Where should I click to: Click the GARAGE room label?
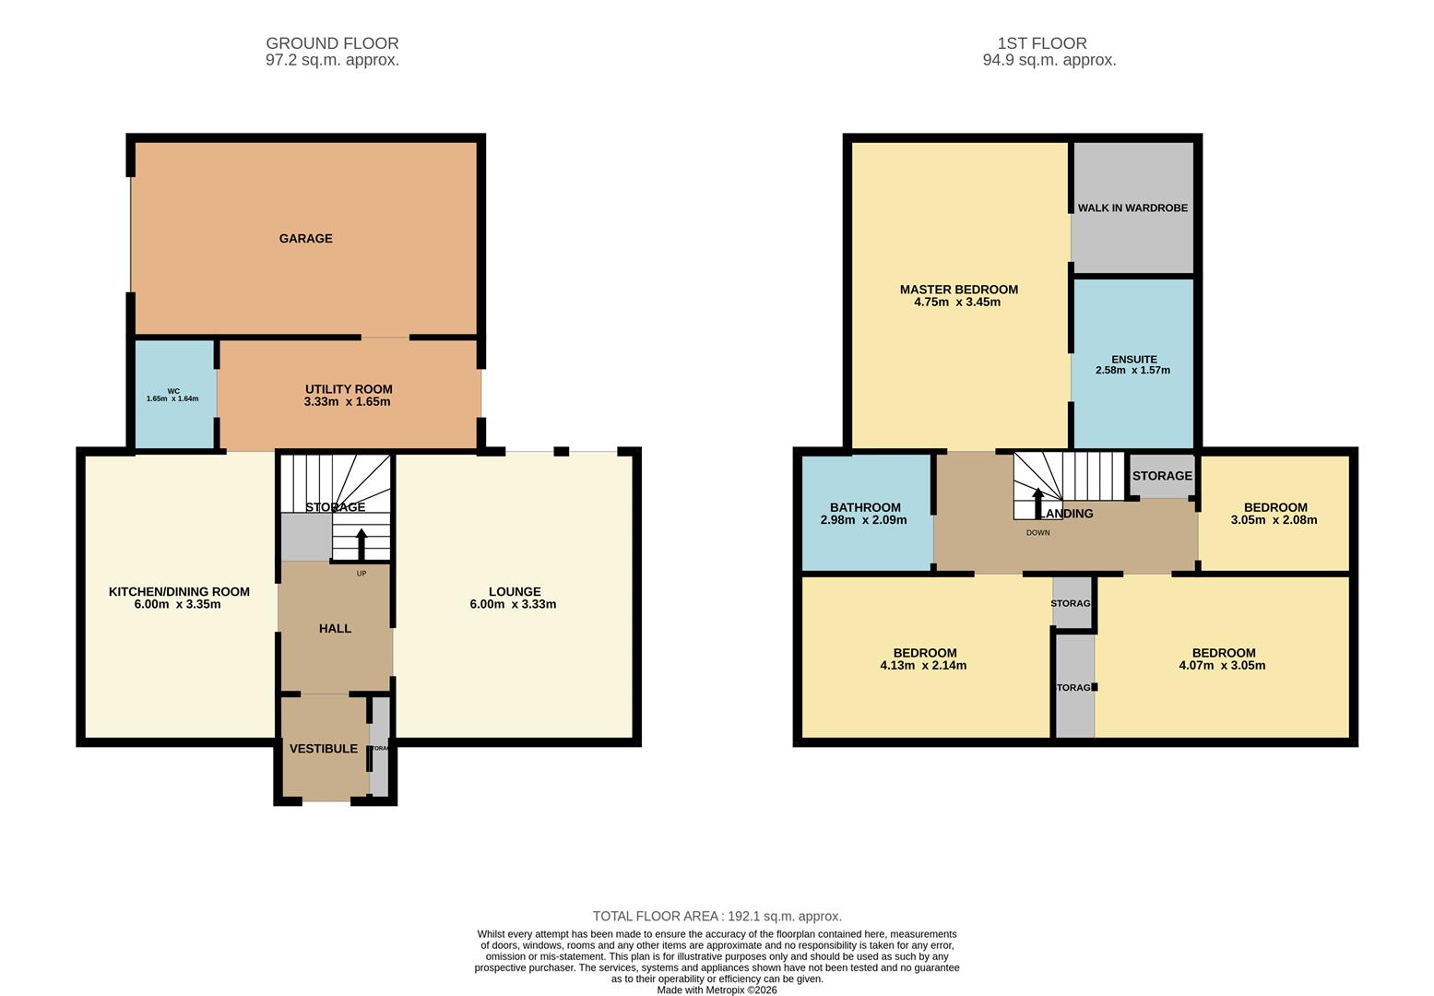(x=305, y=239)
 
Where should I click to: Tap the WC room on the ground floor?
(x=173, y=395)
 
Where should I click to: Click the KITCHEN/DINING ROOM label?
(x=179, y=592)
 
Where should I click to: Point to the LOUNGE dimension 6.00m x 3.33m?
(x=512, y=605)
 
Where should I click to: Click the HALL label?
(x=335, y=629)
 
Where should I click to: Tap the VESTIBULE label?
(x=323, y=749)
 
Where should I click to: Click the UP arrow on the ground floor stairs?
(x=361, y=544)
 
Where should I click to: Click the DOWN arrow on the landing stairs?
(x=1038, y=504)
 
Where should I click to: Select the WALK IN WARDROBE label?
(x=1132, y=208)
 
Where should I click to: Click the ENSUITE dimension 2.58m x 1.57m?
(x=1132, y=371)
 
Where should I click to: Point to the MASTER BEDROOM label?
(x=958, y=290)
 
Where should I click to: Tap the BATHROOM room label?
(x=864, y=508)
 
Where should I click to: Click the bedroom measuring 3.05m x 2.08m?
(x=1274, y=514)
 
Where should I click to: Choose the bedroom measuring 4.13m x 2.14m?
(x=923, y=659)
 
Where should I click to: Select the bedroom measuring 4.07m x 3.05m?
(x=1222, y=659)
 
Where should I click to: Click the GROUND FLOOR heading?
(x=332, y=43)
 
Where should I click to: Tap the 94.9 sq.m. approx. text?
(x=1049, y=61)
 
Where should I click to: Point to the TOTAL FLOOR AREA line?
(x=717, y=917)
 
